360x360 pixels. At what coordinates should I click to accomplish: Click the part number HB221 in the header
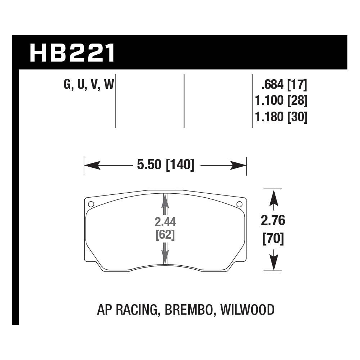tap(72, 53)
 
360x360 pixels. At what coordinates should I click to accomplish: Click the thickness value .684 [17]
tap(284, 85)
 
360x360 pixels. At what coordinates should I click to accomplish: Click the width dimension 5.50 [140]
tap(165, 165)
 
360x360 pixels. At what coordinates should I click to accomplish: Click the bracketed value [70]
tap(274, 239)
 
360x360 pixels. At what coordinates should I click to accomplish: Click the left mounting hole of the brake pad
tap(91, 204)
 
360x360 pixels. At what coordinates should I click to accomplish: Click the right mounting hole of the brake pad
tap(239, 204)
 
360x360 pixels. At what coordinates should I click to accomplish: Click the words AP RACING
tap(128, 309)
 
